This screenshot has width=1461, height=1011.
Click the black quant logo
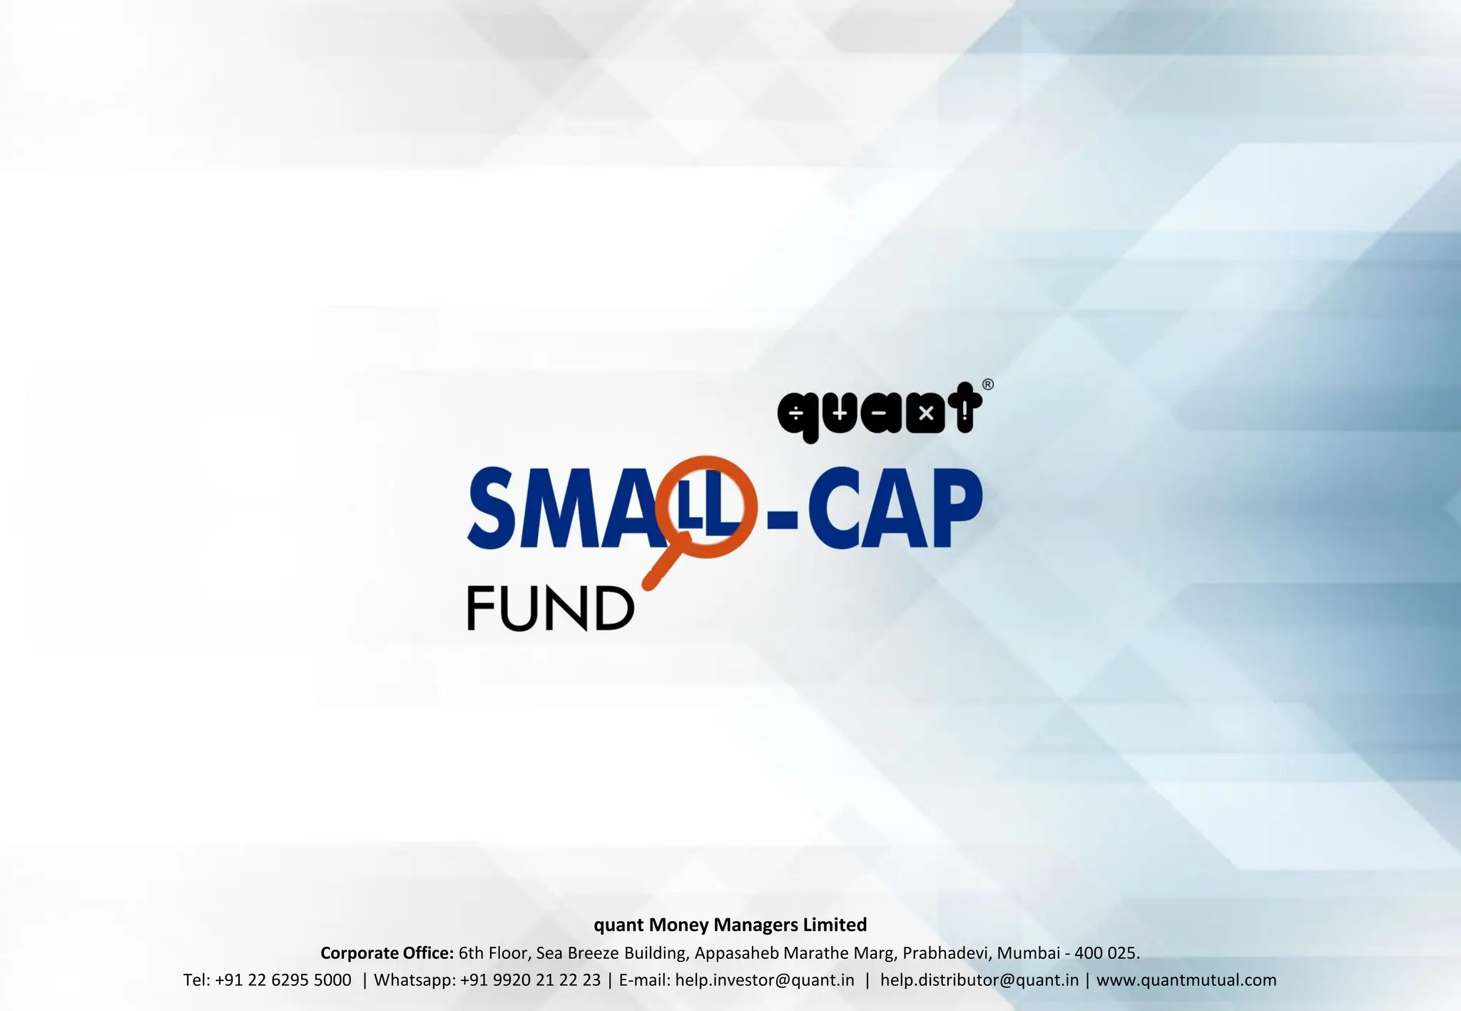pos(880,412)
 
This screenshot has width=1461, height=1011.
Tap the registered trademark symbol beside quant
pos(988,385)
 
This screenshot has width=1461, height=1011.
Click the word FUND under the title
pos(550,608)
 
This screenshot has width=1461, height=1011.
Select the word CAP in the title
pos(895,508)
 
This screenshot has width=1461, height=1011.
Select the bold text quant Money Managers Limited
pos(730,925)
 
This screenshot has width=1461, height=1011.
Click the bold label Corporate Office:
pos(387,953)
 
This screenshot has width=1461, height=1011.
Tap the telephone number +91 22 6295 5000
pos(282,980)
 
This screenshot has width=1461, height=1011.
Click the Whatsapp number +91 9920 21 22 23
pos(530,980)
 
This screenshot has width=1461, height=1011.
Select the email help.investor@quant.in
pos(764,980)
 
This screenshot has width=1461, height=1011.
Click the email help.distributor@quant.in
pos(979,980)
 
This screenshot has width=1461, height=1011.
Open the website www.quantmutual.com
pos(1186,980)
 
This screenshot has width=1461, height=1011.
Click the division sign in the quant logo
pos(795,414)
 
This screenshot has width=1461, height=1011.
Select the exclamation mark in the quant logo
pos(965,411)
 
